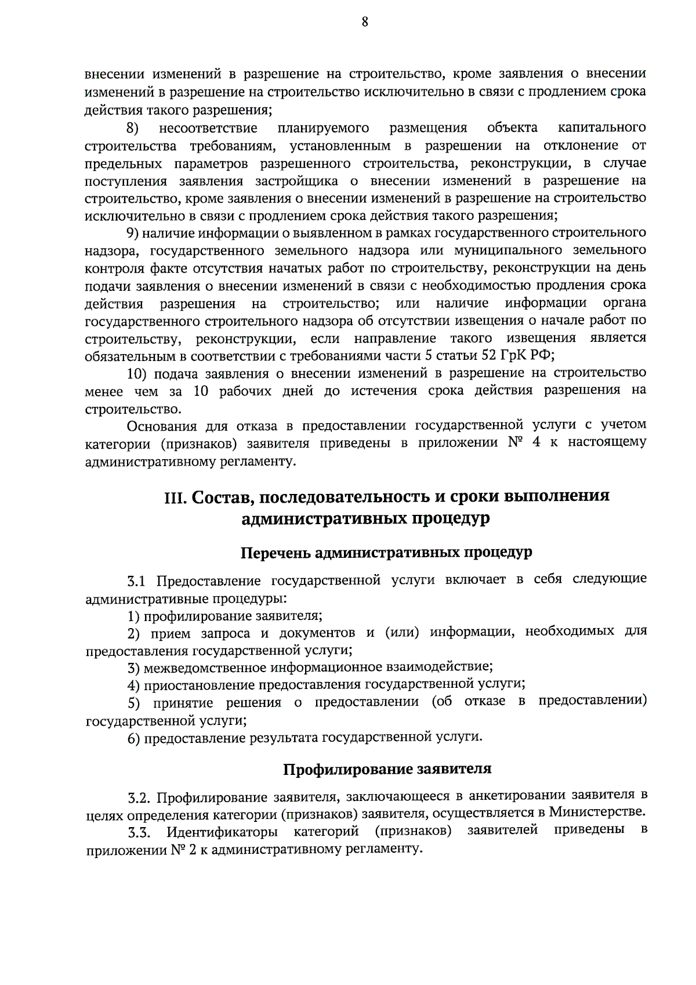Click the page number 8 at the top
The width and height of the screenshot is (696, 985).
click(365, 22)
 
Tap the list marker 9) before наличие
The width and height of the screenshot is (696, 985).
click(132, 233)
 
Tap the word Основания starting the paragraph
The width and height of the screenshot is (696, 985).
click(162, 426)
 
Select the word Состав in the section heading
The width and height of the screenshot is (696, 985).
click(220, 497)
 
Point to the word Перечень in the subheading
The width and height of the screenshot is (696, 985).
click(275, 553)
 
